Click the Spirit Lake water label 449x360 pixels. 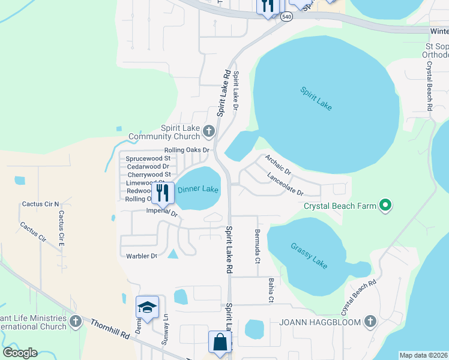tap(316, 98)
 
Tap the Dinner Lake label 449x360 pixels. tap(198, 190)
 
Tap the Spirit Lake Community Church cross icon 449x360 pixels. tap(209, 131)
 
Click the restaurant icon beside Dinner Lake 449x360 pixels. tap(163, 193)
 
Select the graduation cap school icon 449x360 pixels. tap(147, 307)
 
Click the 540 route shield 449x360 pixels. tap(287, 17)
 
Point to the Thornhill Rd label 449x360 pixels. tap(110, 328)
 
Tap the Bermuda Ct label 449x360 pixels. tap(257, 246)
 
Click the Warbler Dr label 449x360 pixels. tap(142, 256)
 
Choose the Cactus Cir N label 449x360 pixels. tap(41, 204)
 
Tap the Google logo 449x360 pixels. tap(20, 353)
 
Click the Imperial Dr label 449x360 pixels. tap(162, 212)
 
